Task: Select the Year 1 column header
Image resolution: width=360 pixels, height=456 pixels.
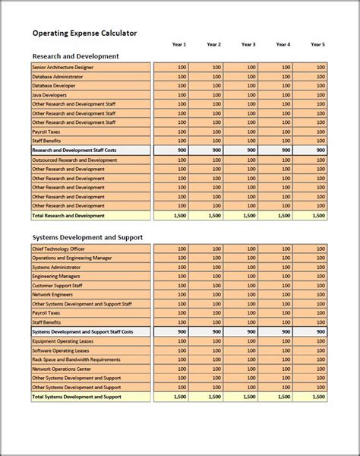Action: pyautogui.click(x=179, y=45)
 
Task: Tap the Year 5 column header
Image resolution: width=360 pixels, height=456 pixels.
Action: pyautogui.click(x=318, y=45)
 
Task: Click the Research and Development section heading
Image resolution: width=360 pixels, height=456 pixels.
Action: pyautogui.click(x=75, y=56)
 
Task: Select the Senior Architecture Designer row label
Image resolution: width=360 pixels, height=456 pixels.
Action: pyautogui.click(x=65, y=68)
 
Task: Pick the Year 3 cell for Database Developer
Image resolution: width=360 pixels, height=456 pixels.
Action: pyautogui.click(x=241, y=86)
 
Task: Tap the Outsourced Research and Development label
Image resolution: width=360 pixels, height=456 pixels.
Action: pyautogui.click(x=74, y=160)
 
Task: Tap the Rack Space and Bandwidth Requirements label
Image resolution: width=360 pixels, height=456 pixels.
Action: pyautogui.click(x=77, y=359)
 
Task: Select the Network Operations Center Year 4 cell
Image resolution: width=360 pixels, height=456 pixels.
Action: pyautogui.click(x=276, y=369)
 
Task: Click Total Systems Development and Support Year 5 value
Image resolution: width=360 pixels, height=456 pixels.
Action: pyautogui.click(x=311, y=397)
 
